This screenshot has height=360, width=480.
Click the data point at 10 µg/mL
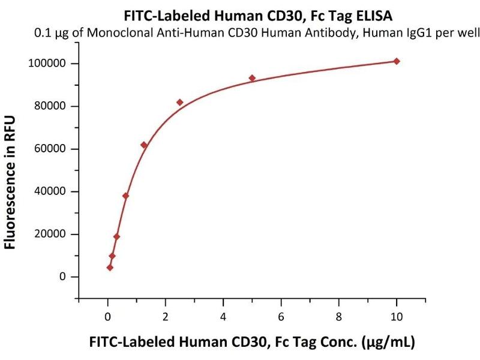click(397, 61)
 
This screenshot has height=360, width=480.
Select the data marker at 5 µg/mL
click(252, 78)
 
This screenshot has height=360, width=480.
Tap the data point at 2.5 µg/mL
click(179, 102)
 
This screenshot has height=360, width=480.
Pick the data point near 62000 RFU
click(143, 145)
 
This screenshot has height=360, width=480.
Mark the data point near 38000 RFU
click(125, 196)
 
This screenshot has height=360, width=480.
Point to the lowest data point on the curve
click(110, 268)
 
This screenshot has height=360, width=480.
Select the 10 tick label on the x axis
click(397, 316)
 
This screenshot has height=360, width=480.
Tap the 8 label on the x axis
click(339, 316)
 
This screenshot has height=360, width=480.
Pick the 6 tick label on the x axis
click(281, 316)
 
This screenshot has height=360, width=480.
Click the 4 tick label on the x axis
click(223, 316)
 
